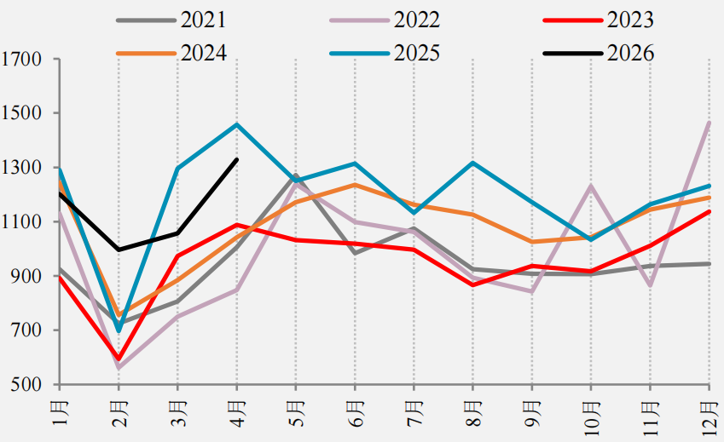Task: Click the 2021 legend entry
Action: pos(171,20)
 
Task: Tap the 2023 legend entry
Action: pos(599,20)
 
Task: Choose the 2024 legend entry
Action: pos(171,53)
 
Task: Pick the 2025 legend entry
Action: pos(385,53)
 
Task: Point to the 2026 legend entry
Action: pos(599,53)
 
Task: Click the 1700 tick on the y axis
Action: pos(21,59)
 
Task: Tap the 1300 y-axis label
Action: pos(21,167)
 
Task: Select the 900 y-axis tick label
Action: pos(26,276)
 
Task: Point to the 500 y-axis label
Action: pos(26,384)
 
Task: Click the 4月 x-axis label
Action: pos(238,413)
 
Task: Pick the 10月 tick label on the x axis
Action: pos(592,418)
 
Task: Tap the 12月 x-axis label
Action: pos(710,418)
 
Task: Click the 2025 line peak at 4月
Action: pos(237,124)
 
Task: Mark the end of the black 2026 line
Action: pos(237,159)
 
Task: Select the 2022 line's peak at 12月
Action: pos(710,123)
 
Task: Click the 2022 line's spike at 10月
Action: pos(591,186)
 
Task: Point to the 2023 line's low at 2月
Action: pos(119,359)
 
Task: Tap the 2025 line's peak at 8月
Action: pos(472,162)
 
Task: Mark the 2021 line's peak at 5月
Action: pos(296,175)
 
